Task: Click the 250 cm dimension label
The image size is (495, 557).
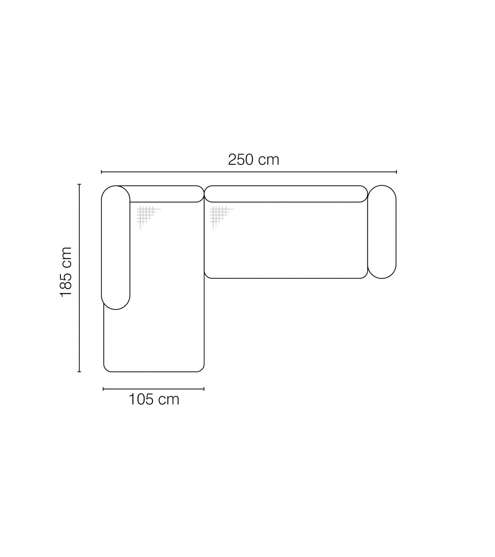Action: (x=253, y=160)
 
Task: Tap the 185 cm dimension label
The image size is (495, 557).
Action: (x=66, y=272)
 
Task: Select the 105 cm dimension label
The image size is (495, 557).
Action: (x=154, y=400)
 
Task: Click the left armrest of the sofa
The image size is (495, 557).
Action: (x=116, y=248)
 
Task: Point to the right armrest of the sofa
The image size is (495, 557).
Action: (x=382, y=232)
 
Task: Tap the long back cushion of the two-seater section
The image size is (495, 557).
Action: (x=286, y=194)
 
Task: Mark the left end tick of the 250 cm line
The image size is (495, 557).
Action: (x=101, y=172)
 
